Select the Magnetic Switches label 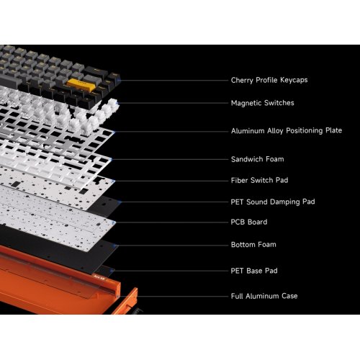point(262,103)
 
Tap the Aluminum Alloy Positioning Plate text point(286,131)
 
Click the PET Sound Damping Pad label point(272,202)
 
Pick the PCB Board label point(248,222)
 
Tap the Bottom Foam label point(253,245)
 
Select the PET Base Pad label point(253,271)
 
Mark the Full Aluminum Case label point(264,296)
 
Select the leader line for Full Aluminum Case point(180,296)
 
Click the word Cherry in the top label point(243,81)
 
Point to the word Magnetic point(247,103)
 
